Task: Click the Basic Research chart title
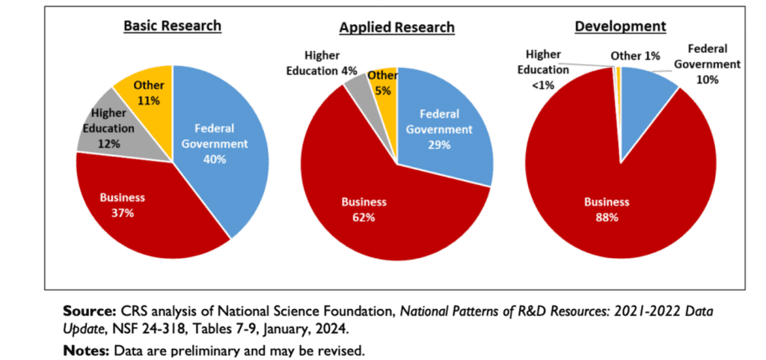click(x=172, y=25)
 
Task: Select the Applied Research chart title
click(x=396, y=28)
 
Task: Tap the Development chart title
click(x=620, y=26)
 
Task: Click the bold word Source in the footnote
click(x=86, y=310)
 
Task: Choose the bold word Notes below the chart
click(x=83, y=350)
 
